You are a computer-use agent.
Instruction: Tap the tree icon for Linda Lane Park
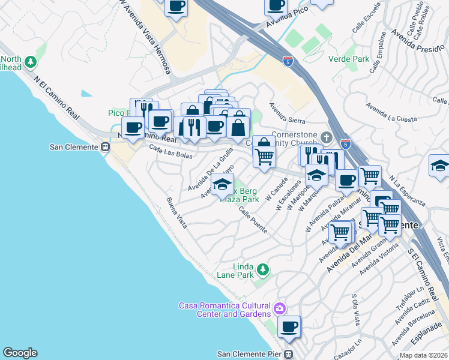point(262,268)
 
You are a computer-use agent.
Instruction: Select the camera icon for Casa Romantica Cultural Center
point(279,309)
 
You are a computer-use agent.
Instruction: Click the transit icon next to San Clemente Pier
point(289,354)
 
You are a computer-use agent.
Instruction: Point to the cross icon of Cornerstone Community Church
point(326,136)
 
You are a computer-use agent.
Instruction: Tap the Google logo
point(20,353)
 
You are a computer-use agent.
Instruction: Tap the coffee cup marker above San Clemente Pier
point(289,327)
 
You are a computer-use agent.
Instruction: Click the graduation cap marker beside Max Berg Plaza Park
point(222,186)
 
